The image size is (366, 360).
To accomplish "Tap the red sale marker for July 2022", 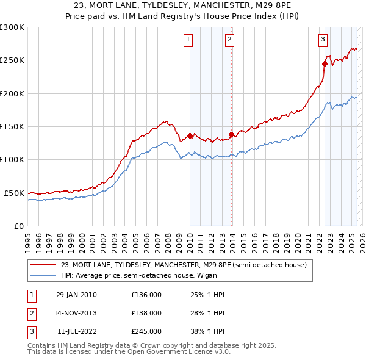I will click(x=325, y=62).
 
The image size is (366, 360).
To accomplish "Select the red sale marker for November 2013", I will click(x=231, y=134).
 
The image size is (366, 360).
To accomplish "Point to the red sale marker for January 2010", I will click(x=190, y=135).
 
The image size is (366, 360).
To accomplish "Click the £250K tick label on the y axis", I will click(x=12, y=60).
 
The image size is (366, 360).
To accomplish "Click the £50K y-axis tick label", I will click(x=15, y=193).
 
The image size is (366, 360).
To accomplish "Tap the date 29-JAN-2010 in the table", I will click(x=76, y=295).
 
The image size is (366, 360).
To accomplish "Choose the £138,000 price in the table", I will click(x=146, y=313).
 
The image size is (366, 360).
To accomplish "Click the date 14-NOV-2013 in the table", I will click(x=76, y=313).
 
